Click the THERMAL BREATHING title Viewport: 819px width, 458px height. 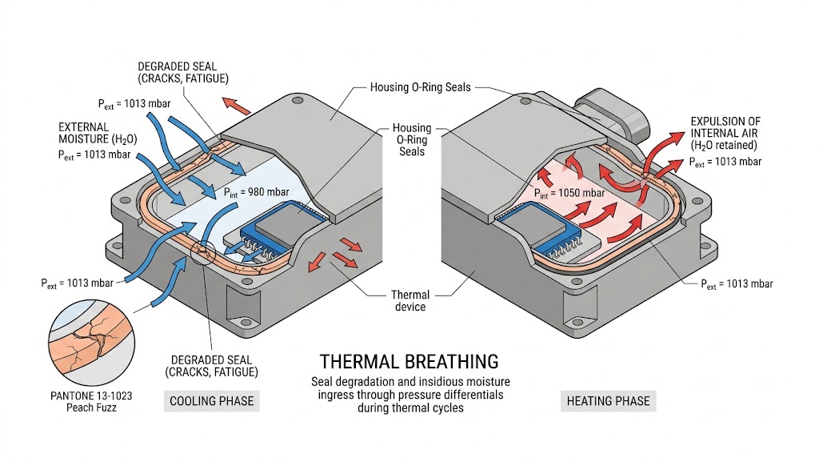pyautogui.click(x=409, y=361)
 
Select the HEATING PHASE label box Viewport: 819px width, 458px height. pyautogui.click(x=608, y=400)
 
